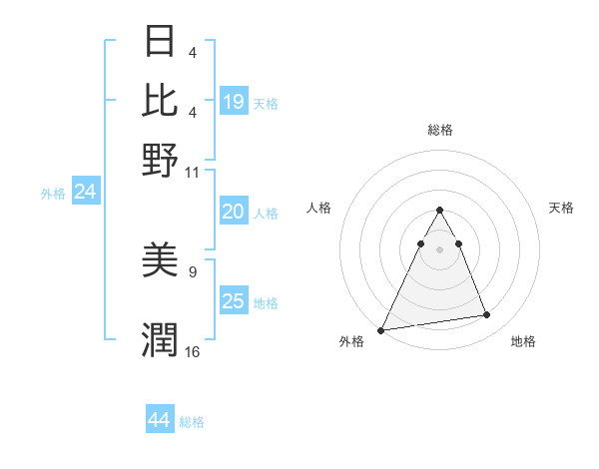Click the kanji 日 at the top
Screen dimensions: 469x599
160,42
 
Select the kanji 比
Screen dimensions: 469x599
160,101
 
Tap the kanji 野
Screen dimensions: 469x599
160,160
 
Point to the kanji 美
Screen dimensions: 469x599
160,260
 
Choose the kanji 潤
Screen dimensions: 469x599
160,340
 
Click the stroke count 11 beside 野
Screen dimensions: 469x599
194,172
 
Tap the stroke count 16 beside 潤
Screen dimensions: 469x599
193,351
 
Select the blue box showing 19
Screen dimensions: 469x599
234,102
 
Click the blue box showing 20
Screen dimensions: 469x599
234,212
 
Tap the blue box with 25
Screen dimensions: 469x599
234,301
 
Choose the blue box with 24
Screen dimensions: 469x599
85,192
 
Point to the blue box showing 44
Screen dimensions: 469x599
160,421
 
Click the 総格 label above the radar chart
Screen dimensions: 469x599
440,130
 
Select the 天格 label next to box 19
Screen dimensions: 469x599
266,103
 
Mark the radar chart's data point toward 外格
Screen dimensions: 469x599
381,329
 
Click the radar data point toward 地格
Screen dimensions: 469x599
487,315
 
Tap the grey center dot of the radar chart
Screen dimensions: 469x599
440,248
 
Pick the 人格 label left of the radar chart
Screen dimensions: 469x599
318,208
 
